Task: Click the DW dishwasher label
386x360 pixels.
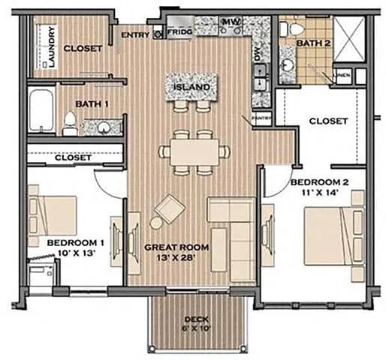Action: tap(255, 54)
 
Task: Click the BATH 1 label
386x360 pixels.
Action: tap(92, 104)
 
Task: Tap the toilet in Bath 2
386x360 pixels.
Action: tap(294, 28)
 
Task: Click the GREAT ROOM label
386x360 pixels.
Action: tap(176, 247)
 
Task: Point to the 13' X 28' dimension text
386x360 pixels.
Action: tap(176, 259)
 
